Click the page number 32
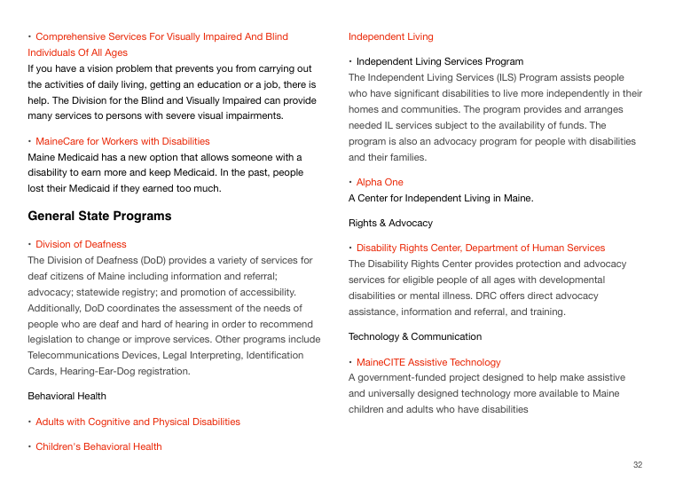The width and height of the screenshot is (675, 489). [638, 465]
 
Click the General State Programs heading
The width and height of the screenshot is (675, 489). [99, 216]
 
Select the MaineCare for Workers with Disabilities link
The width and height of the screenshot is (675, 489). [122, 141]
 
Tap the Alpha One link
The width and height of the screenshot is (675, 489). [380, 182]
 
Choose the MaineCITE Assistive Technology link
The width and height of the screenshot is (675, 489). [428, 362]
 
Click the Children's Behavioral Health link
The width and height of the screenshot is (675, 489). [98, 446]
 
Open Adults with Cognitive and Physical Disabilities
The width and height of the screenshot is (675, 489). [137, 422]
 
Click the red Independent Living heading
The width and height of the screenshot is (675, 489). [391, 36]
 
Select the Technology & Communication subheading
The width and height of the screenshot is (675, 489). [415, 336]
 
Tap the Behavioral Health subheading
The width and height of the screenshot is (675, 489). [67, 396]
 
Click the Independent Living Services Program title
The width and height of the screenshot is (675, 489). [440, 61]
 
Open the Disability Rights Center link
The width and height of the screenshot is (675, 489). [481, 248]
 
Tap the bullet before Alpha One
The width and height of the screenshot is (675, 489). [350, 182]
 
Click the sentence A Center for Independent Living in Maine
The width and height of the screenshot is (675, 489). [441, 198]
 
